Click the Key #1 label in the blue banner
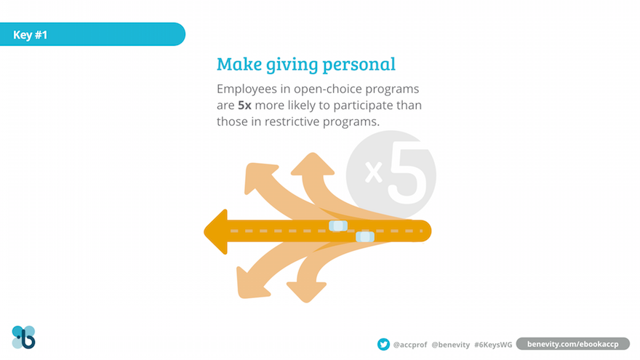[31, 35]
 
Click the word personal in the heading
[359, 65]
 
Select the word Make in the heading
[239, 64]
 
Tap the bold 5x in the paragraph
[244, 105]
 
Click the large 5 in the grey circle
[407, 172]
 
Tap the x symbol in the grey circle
[374, 172]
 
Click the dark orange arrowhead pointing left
[216, 232]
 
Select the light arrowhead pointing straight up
[313, 164]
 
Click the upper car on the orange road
[338, 225]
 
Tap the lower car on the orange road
[365, 236]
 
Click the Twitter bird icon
[383, 345]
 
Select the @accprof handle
[409, 345]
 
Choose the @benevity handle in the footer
[451, 345]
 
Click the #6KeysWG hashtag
[493, 345]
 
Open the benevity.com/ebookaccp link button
[573, 344]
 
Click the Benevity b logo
[24, 337]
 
